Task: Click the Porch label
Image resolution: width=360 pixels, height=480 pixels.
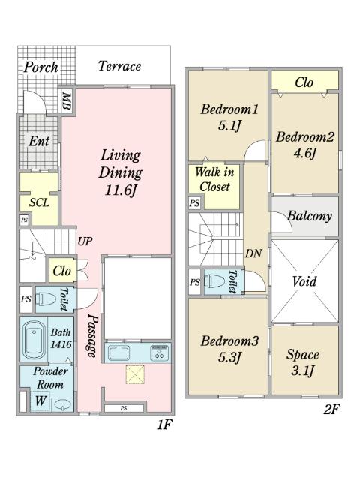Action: point(41,67)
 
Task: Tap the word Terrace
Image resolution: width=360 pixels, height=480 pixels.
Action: point(120,66)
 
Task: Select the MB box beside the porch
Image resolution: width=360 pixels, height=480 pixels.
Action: point(67,101)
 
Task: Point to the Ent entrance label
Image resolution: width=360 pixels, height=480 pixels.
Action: point(39,141)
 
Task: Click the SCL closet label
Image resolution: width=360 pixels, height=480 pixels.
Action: point(39,202)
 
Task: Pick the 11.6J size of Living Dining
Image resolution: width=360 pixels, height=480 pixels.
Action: point(120,190)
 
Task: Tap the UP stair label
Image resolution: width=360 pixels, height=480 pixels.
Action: point(85,241)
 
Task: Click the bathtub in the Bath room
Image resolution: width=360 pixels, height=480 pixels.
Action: point(34,340)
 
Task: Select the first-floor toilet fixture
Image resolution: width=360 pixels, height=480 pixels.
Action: point(46,298)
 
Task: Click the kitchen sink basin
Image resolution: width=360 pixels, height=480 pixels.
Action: point(118,352)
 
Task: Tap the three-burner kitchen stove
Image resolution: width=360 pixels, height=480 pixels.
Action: point(159,352)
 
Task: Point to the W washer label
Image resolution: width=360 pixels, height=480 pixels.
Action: point(40,400)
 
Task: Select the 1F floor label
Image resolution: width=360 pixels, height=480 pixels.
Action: point(164,424)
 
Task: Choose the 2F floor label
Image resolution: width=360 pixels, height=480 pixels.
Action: point(331,409)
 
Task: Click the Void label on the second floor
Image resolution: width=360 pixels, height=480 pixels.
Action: point(304,281)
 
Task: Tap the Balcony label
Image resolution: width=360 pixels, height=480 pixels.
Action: point(310,216)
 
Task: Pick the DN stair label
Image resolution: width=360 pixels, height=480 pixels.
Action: point(253,253)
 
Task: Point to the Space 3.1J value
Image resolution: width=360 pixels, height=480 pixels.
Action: point(302,371)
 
